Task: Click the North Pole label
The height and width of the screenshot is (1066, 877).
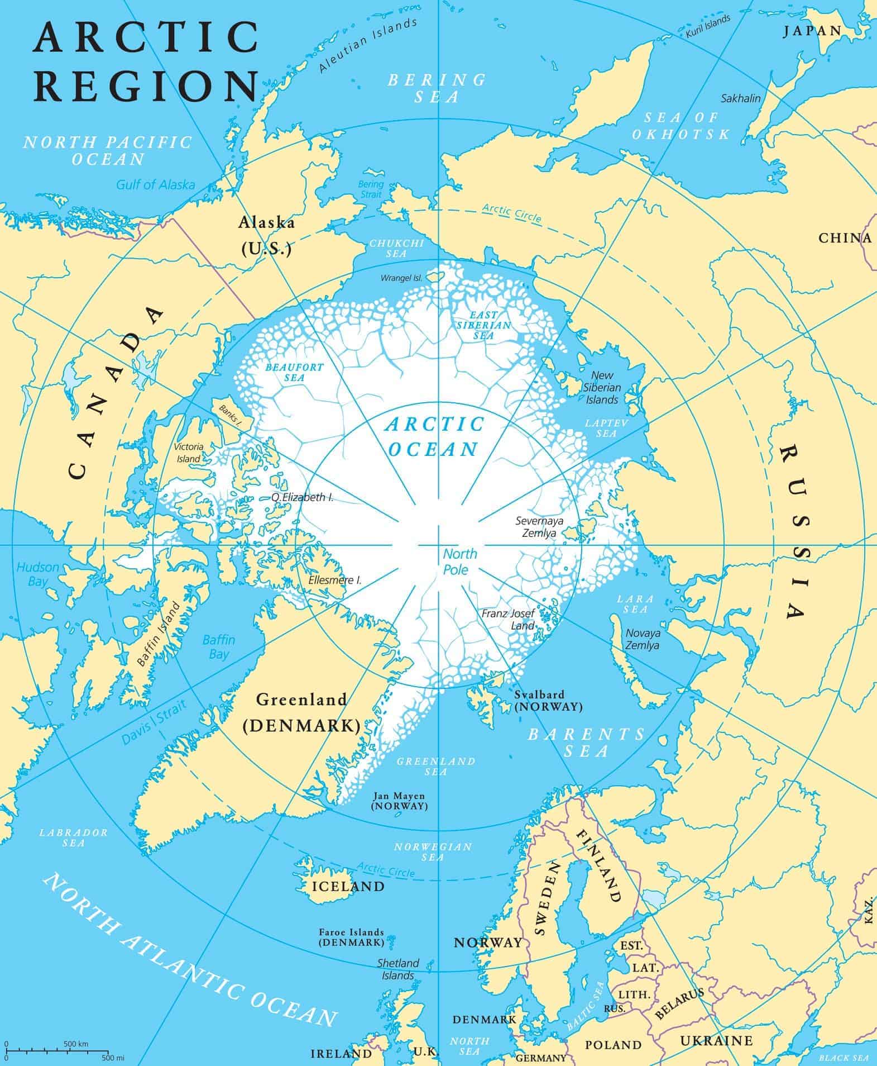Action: click(459, 561)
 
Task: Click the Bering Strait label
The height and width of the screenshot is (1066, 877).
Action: click(371, 189)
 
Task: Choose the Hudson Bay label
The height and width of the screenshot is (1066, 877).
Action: click(37, 574)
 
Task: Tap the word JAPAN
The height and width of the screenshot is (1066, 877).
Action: click(812, 31)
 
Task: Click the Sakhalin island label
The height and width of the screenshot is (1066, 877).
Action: click(741, 98)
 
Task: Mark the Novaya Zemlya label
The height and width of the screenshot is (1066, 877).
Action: click(642, 639)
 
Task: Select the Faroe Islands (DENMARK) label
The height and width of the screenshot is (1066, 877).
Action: click(351, 937)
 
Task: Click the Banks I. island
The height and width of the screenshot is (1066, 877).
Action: click(232, 412)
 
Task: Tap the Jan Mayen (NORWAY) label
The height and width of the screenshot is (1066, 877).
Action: click(400, 801)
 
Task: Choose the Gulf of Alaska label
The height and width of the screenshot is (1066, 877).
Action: click(156, 184)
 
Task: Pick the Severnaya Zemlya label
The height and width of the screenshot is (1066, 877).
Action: click(539, 527)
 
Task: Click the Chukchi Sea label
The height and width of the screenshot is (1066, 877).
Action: click(396, 248)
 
